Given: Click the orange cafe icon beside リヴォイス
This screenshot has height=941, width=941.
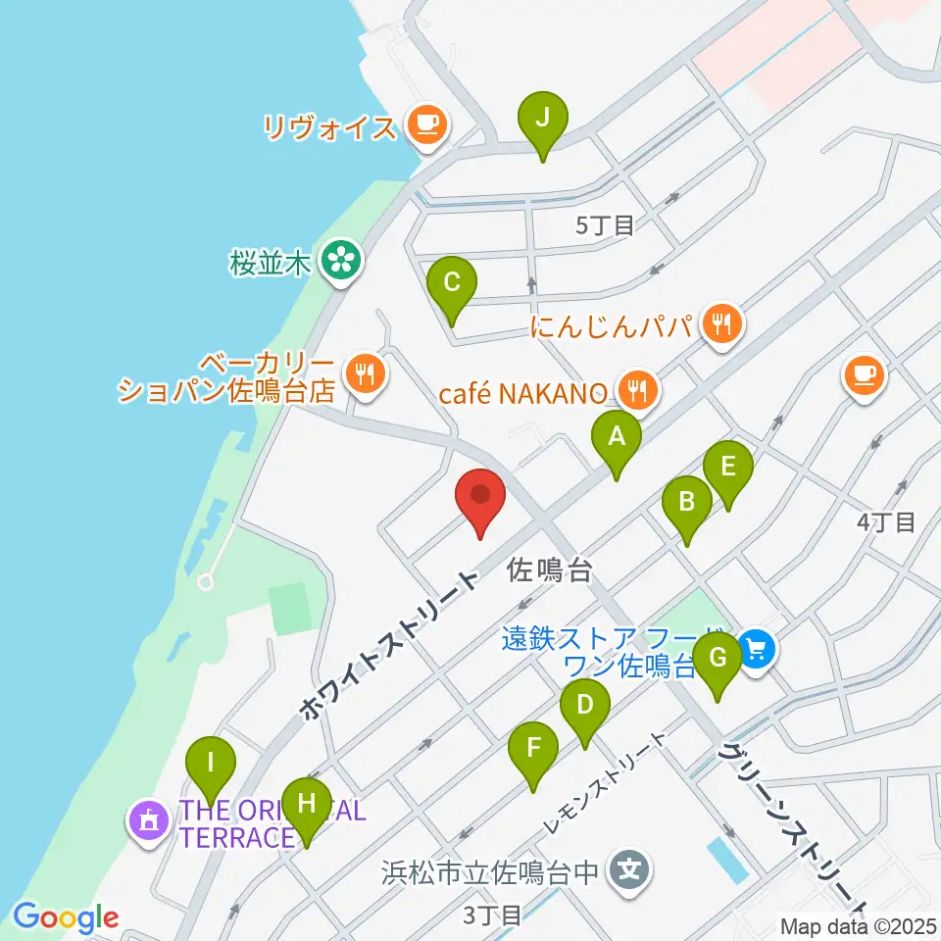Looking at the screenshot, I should tap(426, 124).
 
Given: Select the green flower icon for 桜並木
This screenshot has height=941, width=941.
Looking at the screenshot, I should tap(340, 261).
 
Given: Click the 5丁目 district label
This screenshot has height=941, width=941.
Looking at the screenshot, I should tap(605, 225).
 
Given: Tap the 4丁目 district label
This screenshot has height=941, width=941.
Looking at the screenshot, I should tap(885, 521).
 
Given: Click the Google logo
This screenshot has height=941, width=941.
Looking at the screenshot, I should tap(65, 917).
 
